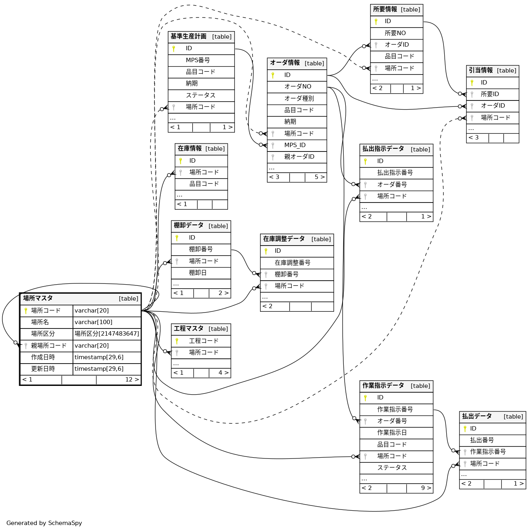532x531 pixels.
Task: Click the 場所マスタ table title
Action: pos(38,298)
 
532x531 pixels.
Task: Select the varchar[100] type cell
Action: pos(93,322)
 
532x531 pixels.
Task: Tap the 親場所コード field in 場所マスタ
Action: pos(49,346)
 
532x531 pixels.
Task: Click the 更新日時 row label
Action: pos(43,369)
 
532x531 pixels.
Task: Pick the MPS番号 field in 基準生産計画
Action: pos(198,60)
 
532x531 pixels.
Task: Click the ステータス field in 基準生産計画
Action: pos(201,95)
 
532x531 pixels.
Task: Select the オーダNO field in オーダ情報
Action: pos(298,87)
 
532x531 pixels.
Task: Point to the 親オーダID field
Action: pos(299,157)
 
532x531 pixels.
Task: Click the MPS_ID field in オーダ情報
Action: pos(295,145)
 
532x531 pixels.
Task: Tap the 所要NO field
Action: pos(395,33)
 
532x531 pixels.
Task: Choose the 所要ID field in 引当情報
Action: pos(490,94)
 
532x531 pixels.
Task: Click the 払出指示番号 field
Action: pos(395,173)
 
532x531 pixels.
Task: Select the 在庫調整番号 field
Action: pos(292,263)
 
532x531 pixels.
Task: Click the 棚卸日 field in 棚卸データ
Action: pos(198,273)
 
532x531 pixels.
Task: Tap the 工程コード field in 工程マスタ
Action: pos(203,341)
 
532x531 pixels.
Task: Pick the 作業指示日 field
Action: pos(392,433)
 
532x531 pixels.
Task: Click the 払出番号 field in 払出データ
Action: pos(482,440)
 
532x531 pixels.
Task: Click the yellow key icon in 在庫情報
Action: pos(181,161)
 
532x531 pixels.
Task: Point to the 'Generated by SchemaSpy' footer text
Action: pos(44,523)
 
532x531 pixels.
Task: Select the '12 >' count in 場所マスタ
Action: pos(132,380)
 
